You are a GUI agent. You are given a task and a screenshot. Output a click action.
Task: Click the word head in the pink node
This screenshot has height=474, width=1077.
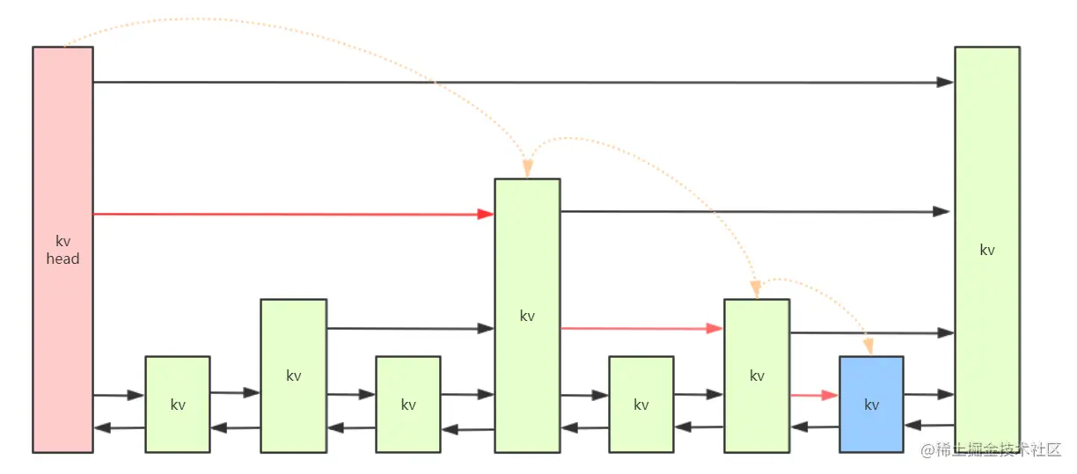62,259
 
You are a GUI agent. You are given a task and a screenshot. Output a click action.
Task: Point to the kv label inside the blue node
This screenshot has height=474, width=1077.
871,405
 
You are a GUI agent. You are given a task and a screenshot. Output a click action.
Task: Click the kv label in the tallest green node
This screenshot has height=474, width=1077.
986,250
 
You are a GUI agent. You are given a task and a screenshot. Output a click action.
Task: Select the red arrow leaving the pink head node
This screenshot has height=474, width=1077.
290,214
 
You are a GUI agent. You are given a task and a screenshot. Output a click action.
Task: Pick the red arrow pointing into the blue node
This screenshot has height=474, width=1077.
814,396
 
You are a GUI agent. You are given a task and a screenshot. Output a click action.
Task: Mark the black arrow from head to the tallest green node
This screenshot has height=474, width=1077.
528,82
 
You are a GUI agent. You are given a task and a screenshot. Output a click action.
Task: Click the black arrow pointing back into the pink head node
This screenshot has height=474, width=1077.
119,428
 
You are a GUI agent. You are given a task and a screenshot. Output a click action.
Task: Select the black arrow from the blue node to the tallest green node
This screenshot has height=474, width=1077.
929,395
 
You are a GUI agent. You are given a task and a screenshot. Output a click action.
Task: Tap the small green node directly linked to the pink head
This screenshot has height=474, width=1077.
177,422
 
